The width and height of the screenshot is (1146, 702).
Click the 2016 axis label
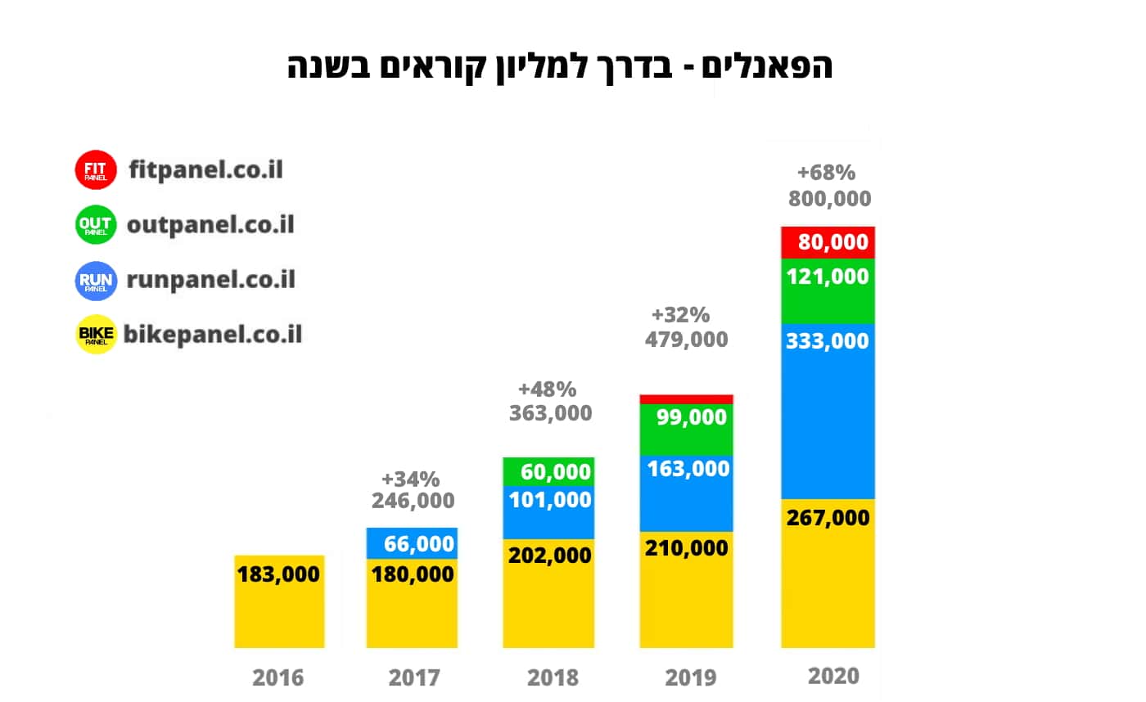tap(277, 677)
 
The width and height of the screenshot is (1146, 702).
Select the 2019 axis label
tap(689, 677)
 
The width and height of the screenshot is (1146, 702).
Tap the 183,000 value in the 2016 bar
tap(278, 574)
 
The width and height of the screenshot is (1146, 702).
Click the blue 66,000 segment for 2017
tap(412, 543)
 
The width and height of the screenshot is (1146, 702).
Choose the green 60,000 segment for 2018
tap(548, 472)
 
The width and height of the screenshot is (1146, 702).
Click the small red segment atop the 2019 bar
tap(686, 399)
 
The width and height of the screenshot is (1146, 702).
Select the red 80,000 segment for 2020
tap(828, 242)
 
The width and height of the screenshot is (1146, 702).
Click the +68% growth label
tap(826, 173)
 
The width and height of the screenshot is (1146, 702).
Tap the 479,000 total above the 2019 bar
tap(686, 339)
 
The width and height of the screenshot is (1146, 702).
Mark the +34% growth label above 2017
tap(411, 478)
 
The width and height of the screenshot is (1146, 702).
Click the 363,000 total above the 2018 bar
tap(550, 413)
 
